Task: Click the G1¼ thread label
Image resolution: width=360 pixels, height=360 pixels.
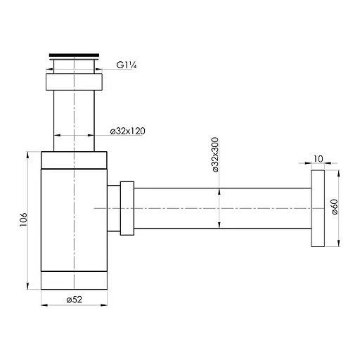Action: [x=126, y=67]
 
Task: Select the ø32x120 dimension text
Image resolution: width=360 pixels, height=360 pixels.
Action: [x=128, y=131]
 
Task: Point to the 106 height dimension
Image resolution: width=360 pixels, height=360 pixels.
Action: [x=23, y=220]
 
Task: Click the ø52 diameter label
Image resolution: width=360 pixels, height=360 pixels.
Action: [x=75, y=300]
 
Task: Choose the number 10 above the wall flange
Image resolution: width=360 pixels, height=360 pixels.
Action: [x=318, y=160]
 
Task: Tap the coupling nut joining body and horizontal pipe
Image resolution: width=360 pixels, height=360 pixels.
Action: [x=127, y=208]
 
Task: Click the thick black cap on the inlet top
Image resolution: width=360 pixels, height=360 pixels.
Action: [x=74, y=53]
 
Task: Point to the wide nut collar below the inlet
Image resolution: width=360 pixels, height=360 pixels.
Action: [x=74, y=82]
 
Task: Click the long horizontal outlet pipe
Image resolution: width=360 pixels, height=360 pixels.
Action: [x=221, y=208]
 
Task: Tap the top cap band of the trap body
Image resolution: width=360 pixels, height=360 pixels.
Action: [x=75, y=160]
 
